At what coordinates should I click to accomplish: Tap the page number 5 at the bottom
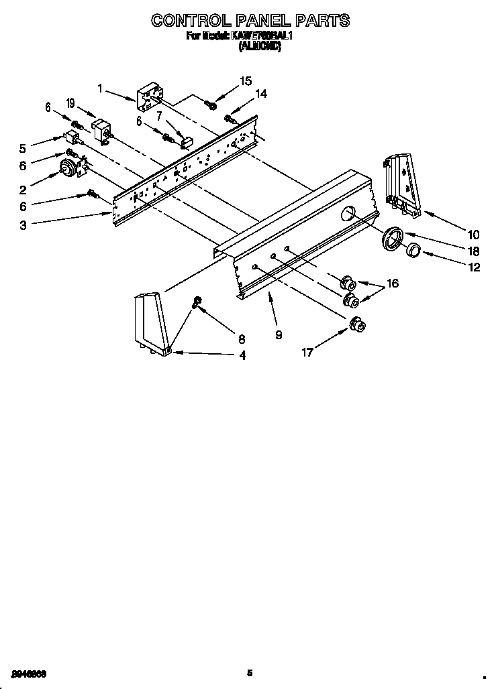coord(249,672)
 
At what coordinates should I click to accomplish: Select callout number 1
coord(100,88)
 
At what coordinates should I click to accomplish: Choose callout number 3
coord(23,226)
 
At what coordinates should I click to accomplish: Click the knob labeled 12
coord(413,252)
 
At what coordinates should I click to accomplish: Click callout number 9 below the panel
coord(278,335)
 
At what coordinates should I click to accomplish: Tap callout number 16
coord(392,284)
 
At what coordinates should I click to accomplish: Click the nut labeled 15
coord(210,104)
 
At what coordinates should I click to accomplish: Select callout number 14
coord(260,95)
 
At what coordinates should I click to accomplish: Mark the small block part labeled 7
coord(186,141)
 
